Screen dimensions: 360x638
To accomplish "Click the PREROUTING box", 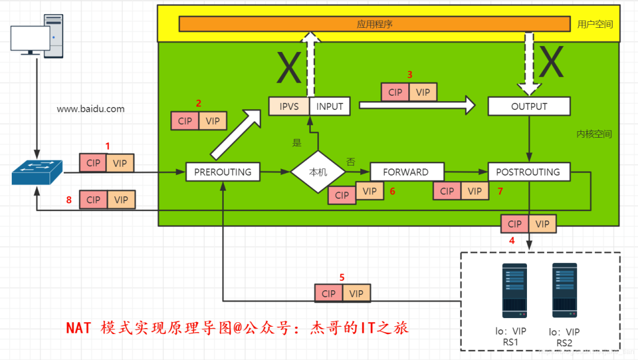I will click(223, 172).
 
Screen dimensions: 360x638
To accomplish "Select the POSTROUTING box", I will click(529, 172).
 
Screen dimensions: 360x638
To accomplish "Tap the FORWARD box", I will click(406, 172).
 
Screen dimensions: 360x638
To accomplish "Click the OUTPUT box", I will click(529, 106).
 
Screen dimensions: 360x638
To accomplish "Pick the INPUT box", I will click(330, 106).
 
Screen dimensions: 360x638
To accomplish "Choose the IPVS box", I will click(288, 106).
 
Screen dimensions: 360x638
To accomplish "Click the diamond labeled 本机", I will click(318, 172).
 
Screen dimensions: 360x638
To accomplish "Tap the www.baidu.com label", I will click(91, 109).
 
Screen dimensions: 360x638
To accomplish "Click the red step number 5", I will click(341, 277).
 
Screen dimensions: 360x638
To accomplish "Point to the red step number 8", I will click(69, 200).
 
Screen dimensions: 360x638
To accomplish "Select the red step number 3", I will click(409, 75).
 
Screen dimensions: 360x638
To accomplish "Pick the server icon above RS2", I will click(564, 290).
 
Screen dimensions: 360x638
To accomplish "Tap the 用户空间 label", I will click(595, 24).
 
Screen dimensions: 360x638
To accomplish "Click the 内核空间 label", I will click(594, 134).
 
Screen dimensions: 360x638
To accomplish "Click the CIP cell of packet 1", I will click(93, 163).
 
